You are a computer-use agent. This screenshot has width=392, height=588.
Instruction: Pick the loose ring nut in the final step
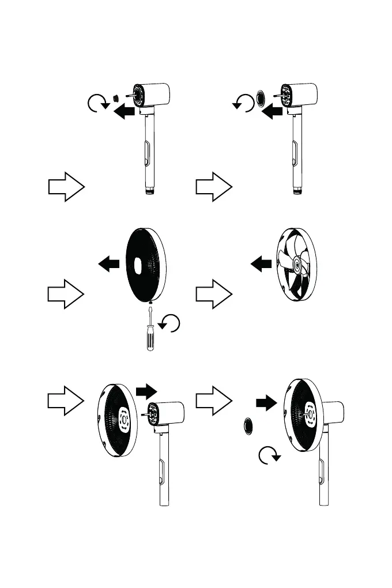tap(249, 427)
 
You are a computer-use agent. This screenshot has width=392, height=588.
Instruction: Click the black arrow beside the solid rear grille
tap(109, 264)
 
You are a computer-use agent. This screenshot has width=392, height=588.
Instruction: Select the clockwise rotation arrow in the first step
tap(96, 104)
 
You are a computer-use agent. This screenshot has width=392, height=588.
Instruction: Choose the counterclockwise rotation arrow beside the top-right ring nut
tap(242, 104)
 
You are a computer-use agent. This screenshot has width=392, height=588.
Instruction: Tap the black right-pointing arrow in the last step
tap(266, 402)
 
